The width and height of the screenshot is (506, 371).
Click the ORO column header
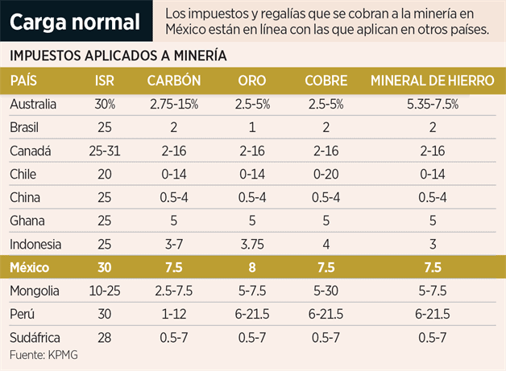(252, 80)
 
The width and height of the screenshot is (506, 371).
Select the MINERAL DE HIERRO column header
(432, 80)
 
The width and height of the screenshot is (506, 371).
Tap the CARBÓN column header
(173, 80)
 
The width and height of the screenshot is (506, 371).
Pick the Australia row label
(33, 104)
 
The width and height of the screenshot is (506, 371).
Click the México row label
(30, 266)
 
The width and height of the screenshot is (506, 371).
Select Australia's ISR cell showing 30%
(105, 104)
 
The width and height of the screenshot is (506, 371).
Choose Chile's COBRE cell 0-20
(326, 174)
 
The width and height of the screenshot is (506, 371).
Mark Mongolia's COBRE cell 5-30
(326, 291)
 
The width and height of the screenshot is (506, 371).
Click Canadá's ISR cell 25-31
(105, 150)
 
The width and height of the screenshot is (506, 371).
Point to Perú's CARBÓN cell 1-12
(173, 314)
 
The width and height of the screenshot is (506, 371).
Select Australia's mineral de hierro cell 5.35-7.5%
(432, 104)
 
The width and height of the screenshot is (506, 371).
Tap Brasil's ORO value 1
(252, 127)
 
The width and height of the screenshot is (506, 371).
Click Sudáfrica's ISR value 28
(105, 337)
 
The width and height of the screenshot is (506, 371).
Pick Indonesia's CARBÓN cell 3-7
(173, 244)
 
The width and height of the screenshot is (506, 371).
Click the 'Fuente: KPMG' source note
(40, 354)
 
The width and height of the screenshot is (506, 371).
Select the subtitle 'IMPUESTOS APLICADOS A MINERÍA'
(118, 56)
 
